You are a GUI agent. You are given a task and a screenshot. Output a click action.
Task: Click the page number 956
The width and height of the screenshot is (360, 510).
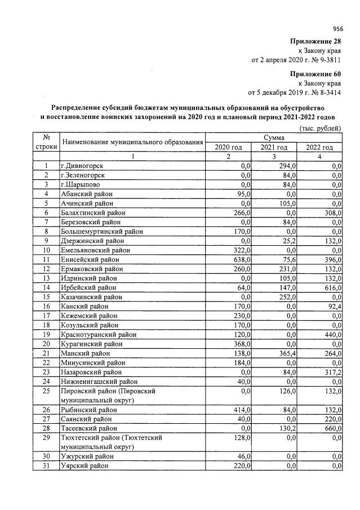tap(338, 29)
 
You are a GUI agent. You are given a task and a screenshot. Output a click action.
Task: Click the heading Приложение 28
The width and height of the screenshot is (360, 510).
tap(315, 42)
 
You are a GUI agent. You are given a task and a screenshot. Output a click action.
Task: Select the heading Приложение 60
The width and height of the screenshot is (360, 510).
tap(315, 74)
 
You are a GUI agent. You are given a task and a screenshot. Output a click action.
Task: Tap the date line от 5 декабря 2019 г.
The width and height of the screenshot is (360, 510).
tap(295, 92)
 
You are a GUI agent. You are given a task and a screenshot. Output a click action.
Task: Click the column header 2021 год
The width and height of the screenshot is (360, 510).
tap(274, 147)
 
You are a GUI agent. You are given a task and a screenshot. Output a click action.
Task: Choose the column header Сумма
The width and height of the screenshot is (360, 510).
tap(274, 138)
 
